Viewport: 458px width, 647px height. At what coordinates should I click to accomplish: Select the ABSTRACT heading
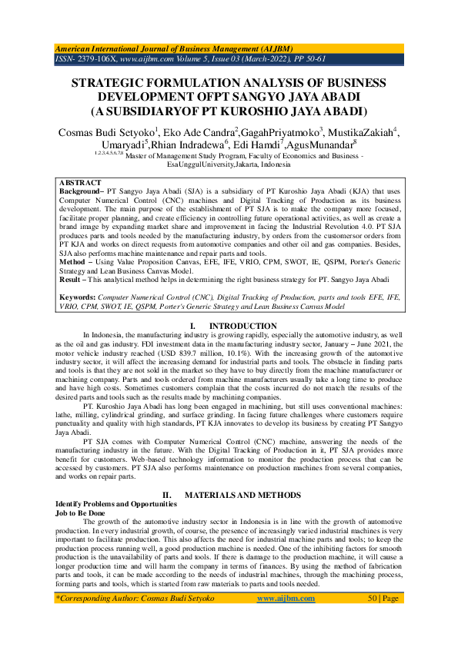click(x=80, y=184)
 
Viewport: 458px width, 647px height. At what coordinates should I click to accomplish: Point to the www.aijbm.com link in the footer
click(x=282, y=619)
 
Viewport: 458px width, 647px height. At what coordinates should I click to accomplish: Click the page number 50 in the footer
click(x=374, y=619)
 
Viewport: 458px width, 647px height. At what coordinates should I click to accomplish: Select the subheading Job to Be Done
click(x=76, y=512)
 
